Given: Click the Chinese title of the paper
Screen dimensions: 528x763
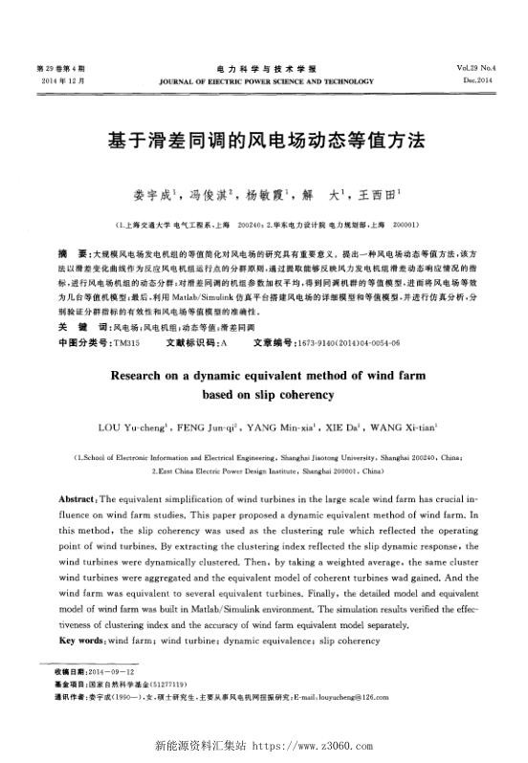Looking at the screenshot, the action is (x=263, y=139).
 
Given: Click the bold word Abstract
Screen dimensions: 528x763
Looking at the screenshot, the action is (x=78, y=500).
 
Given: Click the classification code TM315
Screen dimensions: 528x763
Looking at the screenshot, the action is (x=126, y=341).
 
